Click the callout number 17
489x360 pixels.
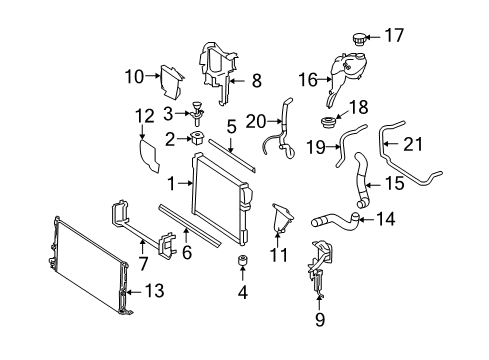[x=394, y=35]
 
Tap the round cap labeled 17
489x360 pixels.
[x=359, y=40]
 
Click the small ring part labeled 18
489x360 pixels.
[x=328, y=122]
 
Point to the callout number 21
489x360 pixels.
[x=413, y=144]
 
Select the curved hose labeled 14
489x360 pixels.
[x=336, y=221]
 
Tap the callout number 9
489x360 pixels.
[x=320, y=319]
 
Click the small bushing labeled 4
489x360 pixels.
[x=242, y=261]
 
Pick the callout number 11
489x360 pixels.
[x=278, y=255]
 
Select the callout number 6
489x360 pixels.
[x=187, y=252]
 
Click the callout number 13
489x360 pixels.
[x=154, y=291]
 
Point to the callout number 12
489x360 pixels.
[x=145, y=116]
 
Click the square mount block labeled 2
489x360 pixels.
[x=197, y=138]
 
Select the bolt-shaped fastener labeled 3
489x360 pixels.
[x=198, y=114]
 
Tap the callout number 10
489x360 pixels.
[x=135, y=77]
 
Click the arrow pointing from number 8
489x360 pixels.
[x=237, y=81]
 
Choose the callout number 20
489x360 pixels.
[x=256, y=122]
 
